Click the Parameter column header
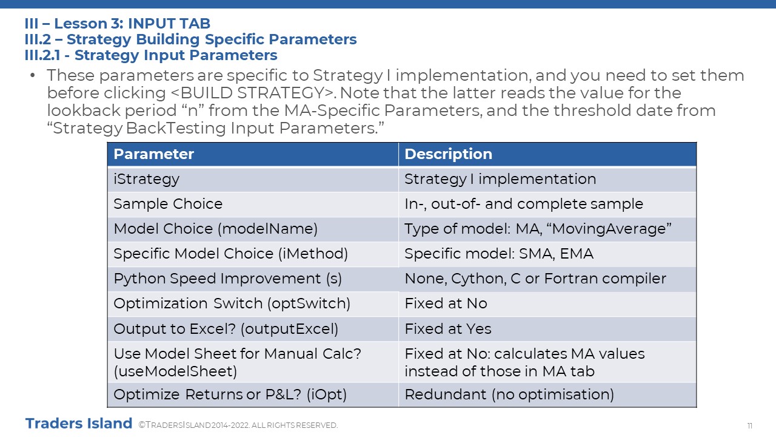253,154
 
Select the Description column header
547,154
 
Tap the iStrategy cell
253,179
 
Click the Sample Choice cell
253,205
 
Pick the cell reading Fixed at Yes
547,329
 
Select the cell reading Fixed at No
547,304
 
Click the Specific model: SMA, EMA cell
547,254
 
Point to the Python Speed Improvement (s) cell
253,279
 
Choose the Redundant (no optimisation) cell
547,395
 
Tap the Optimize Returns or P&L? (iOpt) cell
253,395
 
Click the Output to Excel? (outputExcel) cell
253,329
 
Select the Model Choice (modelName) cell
253,229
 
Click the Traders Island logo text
79,424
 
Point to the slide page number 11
750,425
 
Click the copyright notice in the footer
238,425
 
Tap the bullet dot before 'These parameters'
33,75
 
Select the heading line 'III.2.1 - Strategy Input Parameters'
151,55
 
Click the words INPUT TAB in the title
169,24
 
